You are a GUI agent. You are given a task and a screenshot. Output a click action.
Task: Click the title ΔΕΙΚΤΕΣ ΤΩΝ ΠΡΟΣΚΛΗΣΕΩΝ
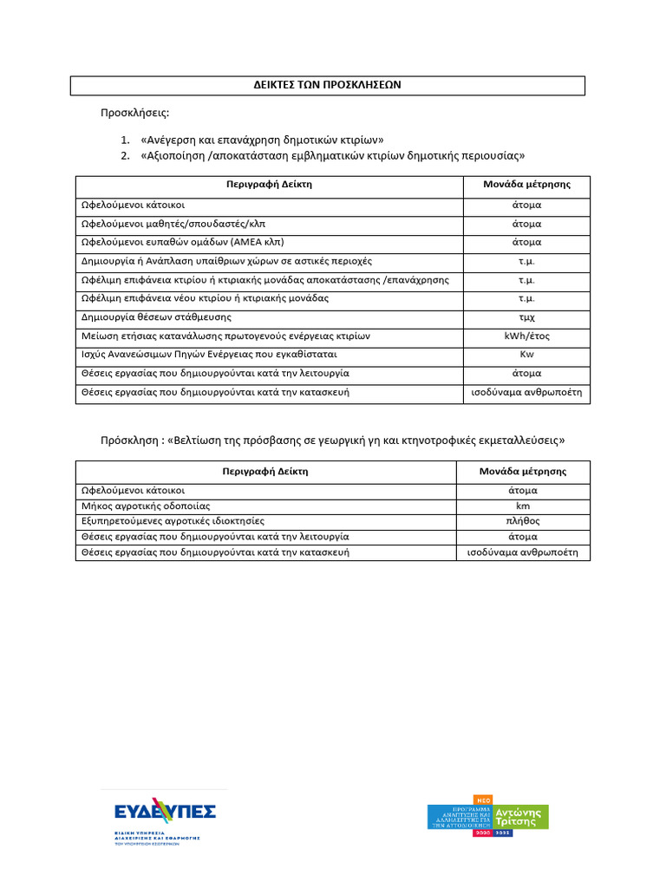coord(327,85)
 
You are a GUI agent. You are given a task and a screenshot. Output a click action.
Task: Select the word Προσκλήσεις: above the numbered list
coord(135,114)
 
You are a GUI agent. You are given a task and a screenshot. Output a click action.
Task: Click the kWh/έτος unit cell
coord(526,336)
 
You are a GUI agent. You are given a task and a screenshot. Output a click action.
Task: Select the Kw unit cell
coord(526,355)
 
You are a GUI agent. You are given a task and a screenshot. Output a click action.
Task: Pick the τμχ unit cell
coord(526,317)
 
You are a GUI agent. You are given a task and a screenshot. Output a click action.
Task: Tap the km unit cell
coord(523,506)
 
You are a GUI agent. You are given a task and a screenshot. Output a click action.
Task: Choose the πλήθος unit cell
coord(523,521)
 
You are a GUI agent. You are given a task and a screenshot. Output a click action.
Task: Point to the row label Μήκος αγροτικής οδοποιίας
coord(146,506)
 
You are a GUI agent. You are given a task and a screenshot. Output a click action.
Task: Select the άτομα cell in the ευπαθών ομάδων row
coord(526,242)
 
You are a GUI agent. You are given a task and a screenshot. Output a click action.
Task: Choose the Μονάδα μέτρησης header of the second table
coord(523,472)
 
